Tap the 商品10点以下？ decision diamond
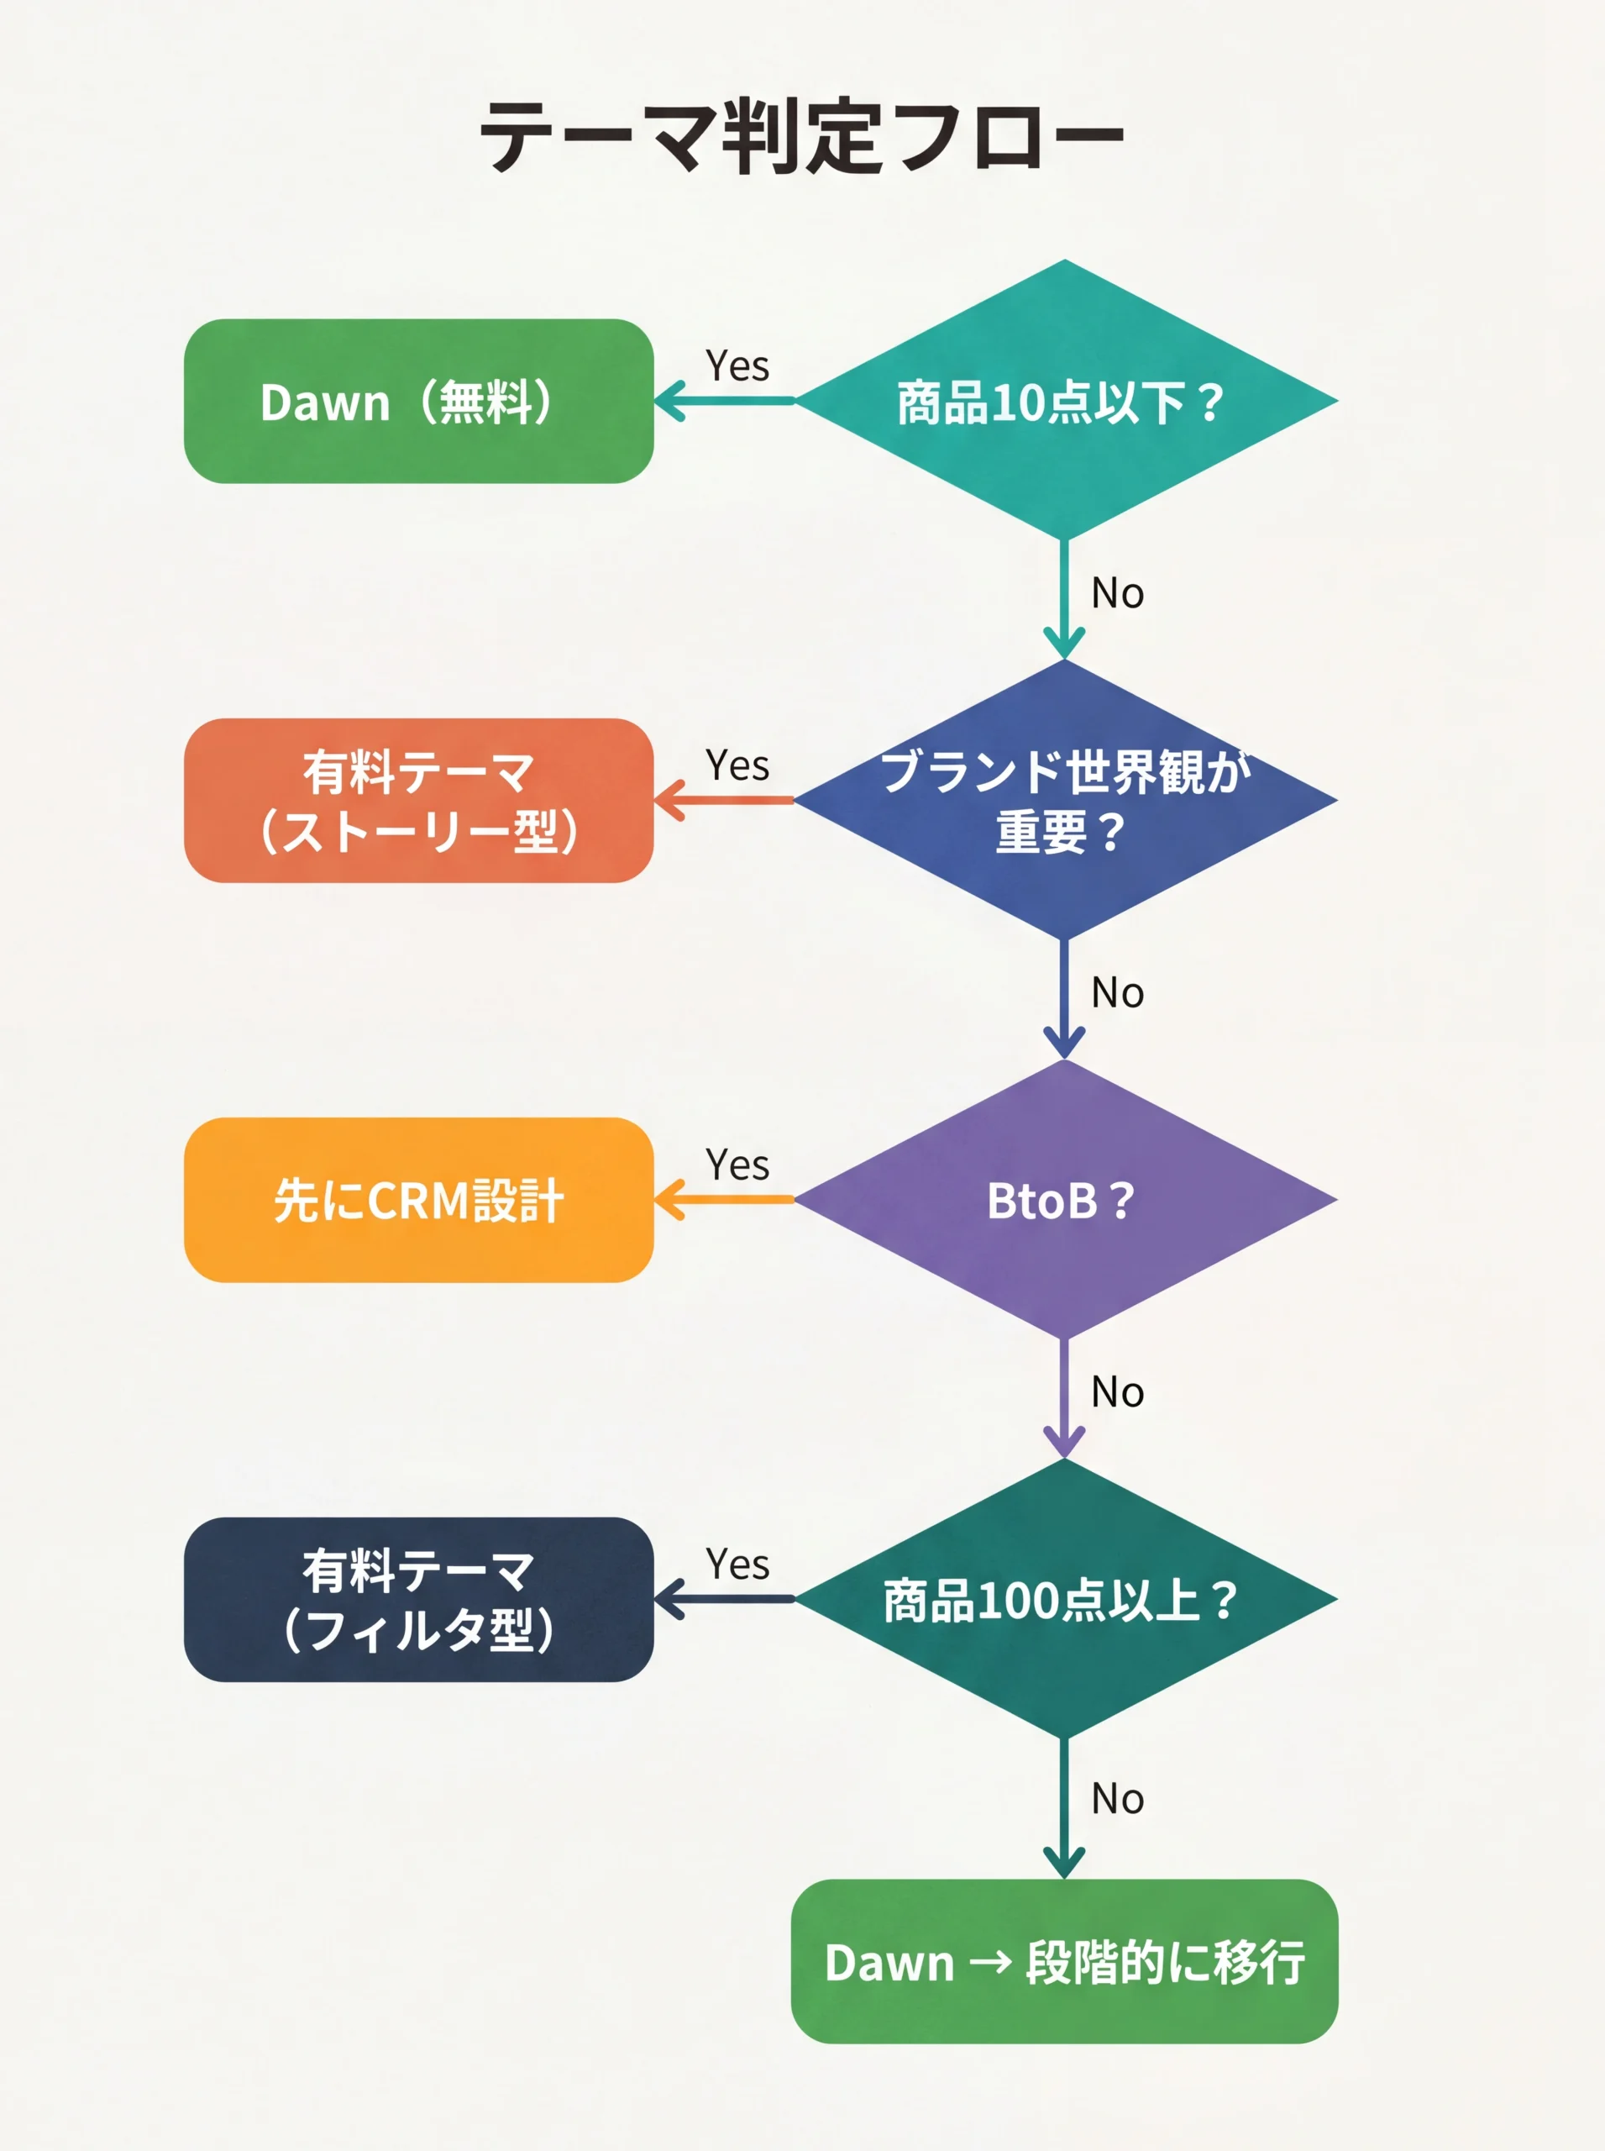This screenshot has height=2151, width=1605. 1065,401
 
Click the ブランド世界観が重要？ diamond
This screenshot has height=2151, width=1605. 1065,800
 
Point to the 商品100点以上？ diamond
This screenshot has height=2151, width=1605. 1065,1599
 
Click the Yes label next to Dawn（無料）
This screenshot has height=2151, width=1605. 737,366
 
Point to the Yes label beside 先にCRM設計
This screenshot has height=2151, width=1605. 737,1165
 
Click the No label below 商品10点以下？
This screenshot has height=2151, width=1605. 1117,593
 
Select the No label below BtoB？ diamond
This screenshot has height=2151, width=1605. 1117,1392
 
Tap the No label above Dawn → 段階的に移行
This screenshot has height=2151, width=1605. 1117,1799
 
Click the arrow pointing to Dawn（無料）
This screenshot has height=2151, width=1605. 724,401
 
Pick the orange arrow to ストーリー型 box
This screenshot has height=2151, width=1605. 724,801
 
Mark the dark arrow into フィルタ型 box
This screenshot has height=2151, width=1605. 724,1599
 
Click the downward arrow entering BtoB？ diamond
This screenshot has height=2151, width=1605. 1065,1002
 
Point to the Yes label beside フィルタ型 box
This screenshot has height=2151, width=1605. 737,1565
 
